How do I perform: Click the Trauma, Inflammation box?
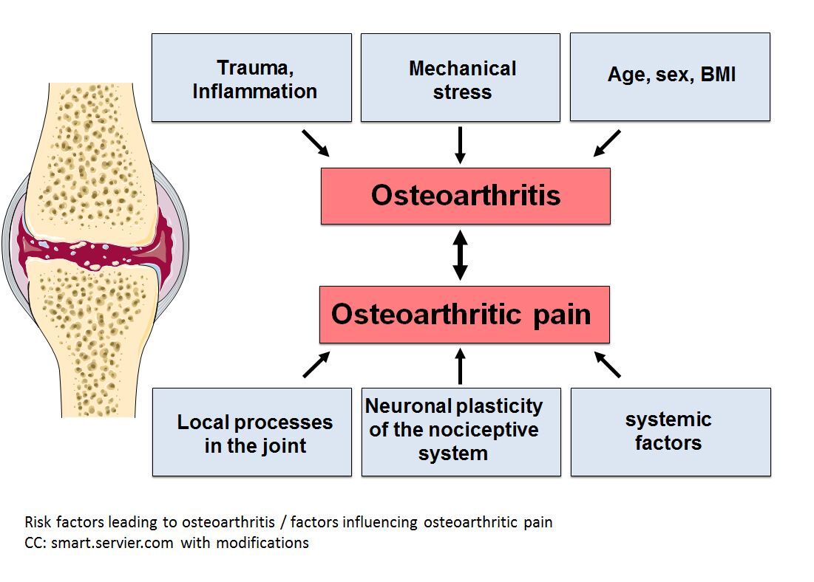pyautogui.click(x=252, y=78)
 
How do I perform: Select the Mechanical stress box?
pyautogui.click(x=461, y=78)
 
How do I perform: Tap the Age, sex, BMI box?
pyautogui.click(x=670, y=78)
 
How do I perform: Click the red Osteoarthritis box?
pyautogui.click(x=466, y=196)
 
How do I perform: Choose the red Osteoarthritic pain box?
pyautogui.click(x=464, y=315)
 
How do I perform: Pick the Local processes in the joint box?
pyautogui.click(x=252, y=432)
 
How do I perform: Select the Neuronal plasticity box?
pyautogui.click(x=461, y=432)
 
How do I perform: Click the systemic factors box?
pyautogui.click(x=671, y=432)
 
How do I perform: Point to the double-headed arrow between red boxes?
pyautogui.click(x=460, y=256)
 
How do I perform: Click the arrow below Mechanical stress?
pyautogui.click(x=460, y=145)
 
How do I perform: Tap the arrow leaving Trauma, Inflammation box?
pyautogui.click(x=316, y=143)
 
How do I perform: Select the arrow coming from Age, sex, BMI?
pyautogui.click(x=607, y=143)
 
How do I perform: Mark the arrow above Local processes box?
pyautogui.click(x=316, y=365)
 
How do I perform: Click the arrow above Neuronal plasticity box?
pyautogui.click(x=460, y=366)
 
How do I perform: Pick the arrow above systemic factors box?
pyautogui.click(x=608, y=365)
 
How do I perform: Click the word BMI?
pyautogui.click(x=718, y=74)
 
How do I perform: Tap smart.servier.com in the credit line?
pyautogui.click(x=112, y=543)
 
